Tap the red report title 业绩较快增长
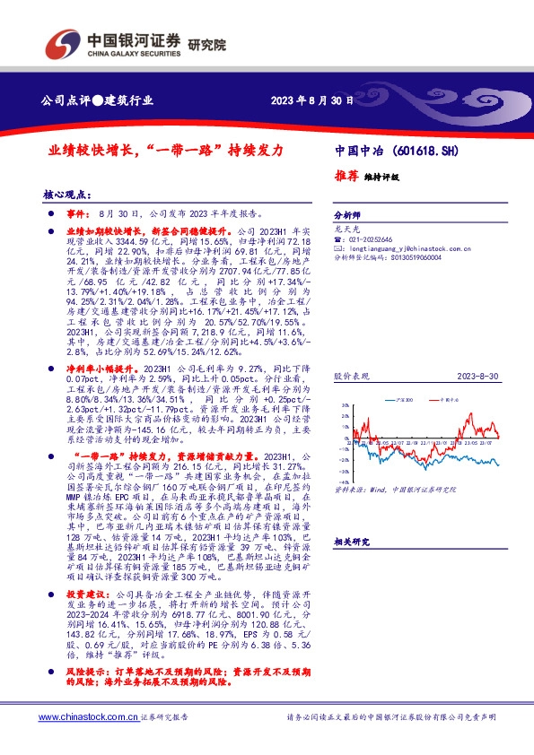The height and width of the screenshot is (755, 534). [91, 152]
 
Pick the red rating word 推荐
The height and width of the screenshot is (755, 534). [346, 176]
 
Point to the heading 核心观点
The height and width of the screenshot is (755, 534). [69, 194]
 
